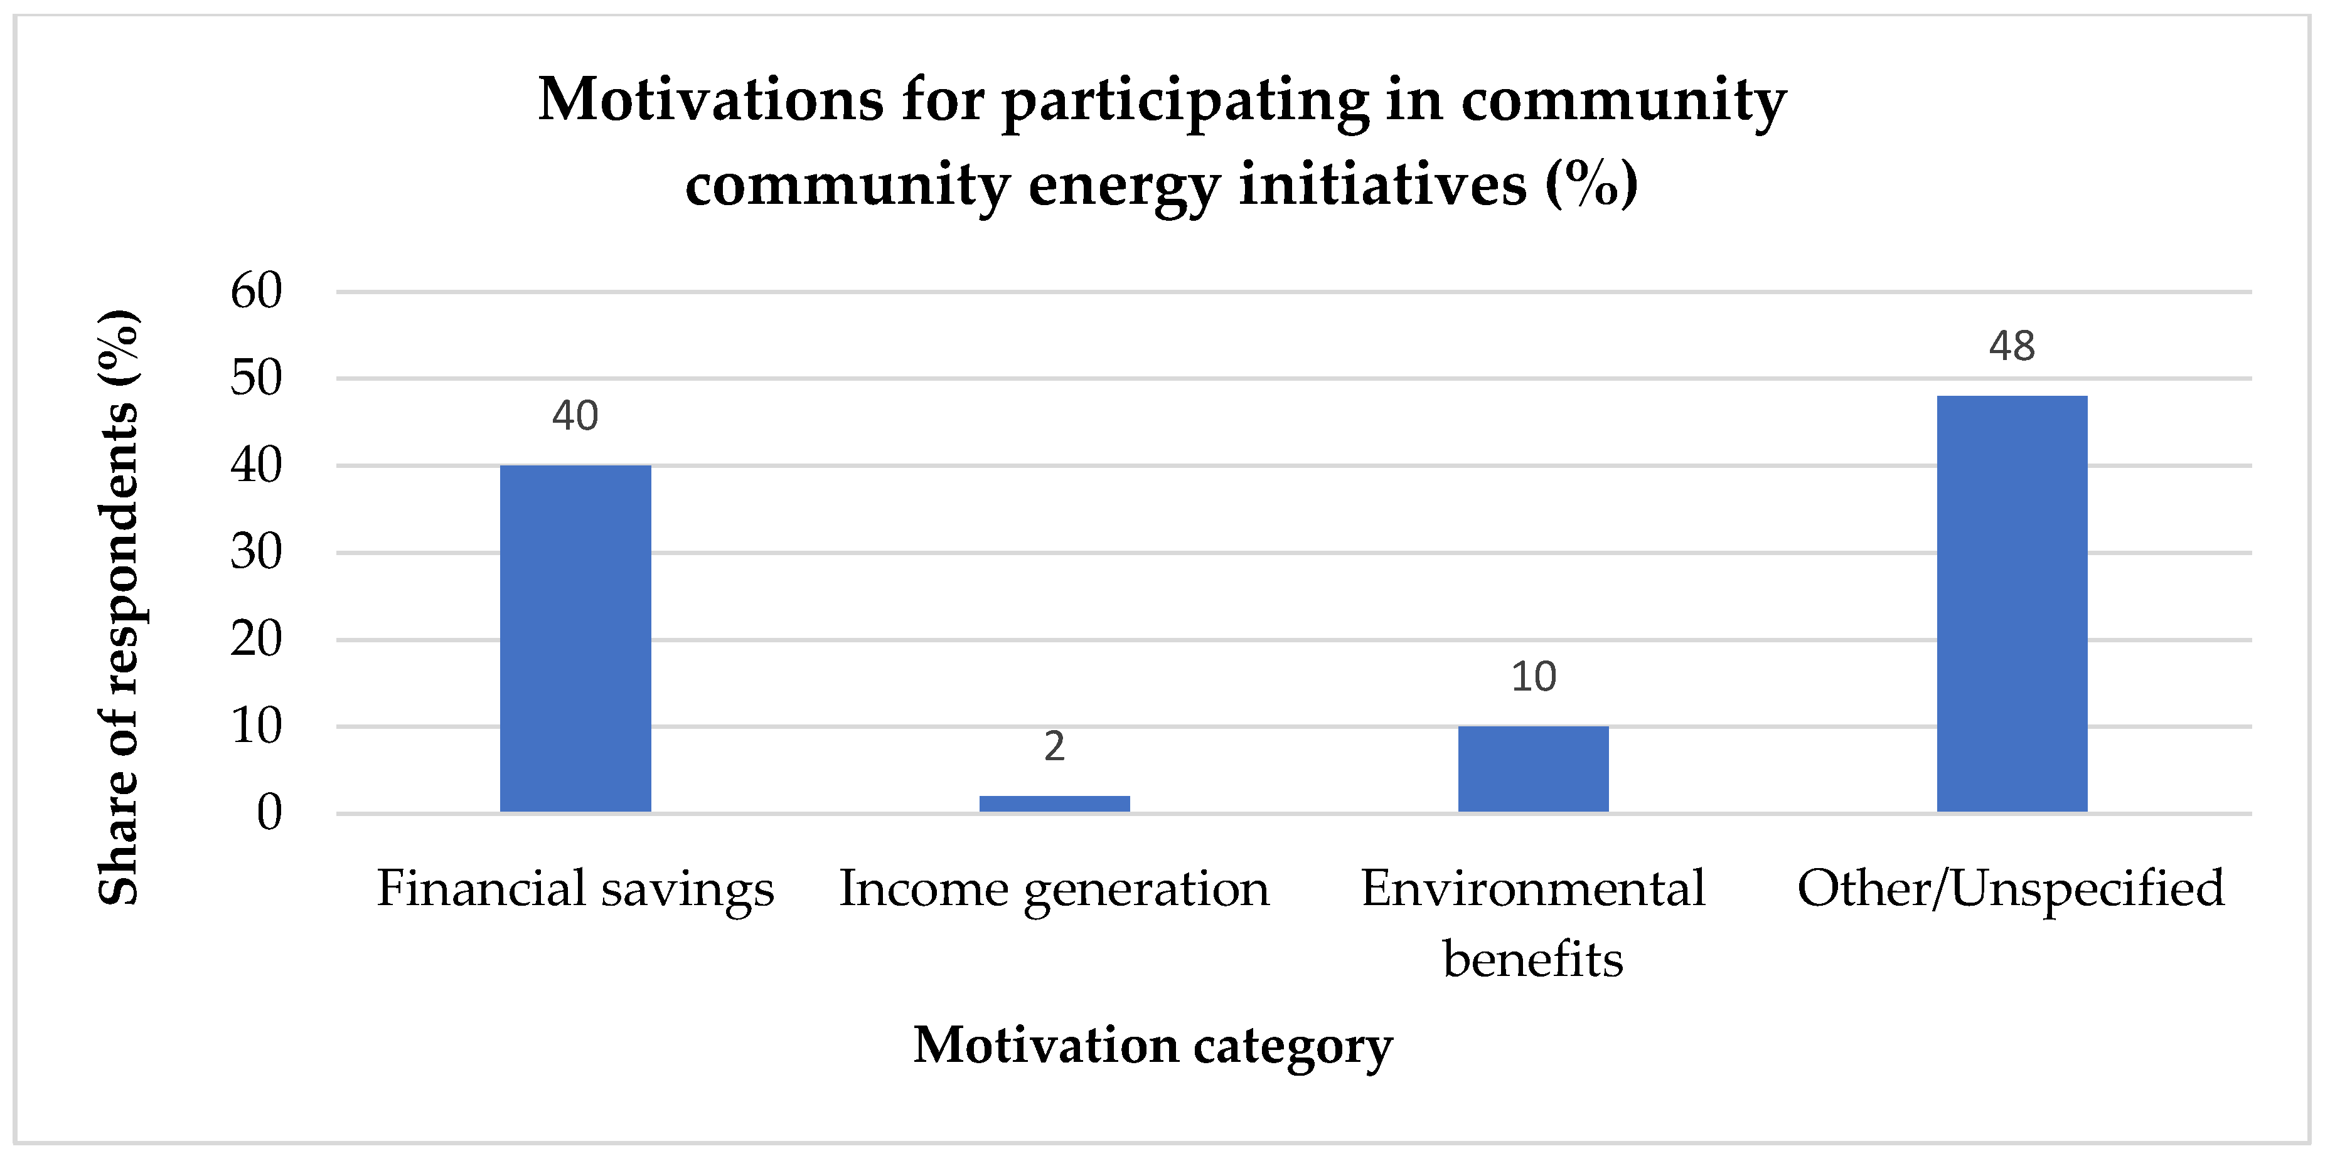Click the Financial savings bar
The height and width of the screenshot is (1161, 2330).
(x=575, y=639)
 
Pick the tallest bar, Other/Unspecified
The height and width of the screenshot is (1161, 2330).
(x=2012, y=604)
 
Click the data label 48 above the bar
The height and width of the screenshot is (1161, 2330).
(x=2012, y=346)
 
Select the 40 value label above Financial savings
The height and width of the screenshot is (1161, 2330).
(x=575, y=416)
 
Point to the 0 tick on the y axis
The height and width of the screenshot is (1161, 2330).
(x=269, y=812)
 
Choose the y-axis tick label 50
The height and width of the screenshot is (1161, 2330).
(x=256, y=378)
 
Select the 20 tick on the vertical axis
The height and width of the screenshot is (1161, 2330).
(x=256, y=639)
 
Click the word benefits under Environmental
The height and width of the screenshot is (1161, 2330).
(x=1532, y=960)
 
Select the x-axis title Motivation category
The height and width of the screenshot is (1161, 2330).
(x=1152, y=1046)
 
